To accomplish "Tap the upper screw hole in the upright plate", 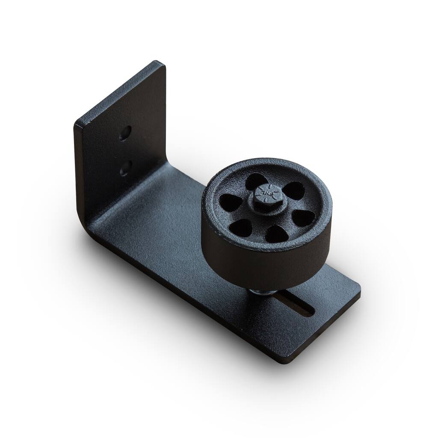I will (125, 133).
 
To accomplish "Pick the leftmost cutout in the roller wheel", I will (230, 202).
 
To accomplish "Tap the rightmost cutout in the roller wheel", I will (303, 218).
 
